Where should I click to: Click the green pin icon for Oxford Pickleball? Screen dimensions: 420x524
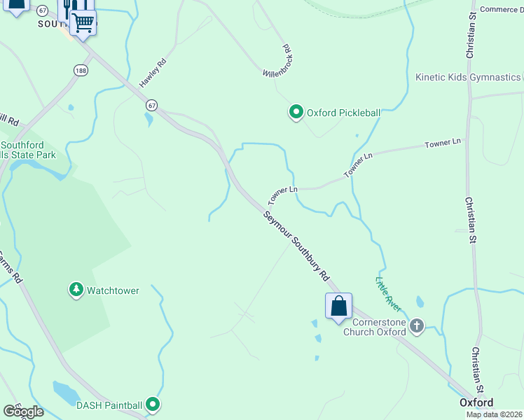(296, 112)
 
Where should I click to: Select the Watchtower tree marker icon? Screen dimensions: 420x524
(76, 290)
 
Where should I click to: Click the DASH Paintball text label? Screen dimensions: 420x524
(109, 405)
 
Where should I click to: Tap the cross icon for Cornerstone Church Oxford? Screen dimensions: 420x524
(418, 325)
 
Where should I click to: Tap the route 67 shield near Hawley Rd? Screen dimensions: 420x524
(151, 105)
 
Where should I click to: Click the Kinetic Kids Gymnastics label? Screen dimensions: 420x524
(468, 77)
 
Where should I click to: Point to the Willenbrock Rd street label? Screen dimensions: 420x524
(277, 63)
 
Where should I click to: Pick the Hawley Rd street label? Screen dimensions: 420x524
(152, 73)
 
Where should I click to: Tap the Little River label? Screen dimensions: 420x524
(387, 295)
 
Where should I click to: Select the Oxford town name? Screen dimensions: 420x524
(476, 402)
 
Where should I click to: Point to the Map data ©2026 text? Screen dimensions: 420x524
(494, 414)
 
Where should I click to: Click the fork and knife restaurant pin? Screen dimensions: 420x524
(67, 7)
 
